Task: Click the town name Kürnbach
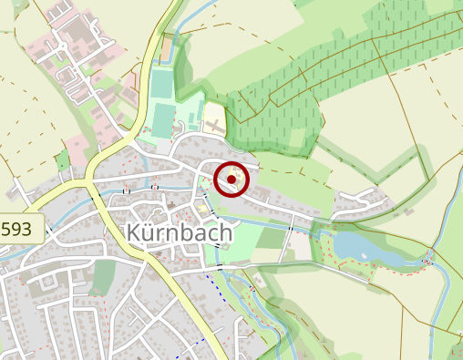(x=181, y=233)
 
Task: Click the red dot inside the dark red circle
(x=231, y=180)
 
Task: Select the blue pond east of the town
(x=364, y=247)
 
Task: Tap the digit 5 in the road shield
(x=8, y=228)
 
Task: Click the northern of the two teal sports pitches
(x=162, y=85)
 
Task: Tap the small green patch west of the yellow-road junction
(x=62, y=162)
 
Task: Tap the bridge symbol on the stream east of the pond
(x=427, y=263)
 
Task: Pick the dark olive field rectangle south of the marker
(x=272, y=239)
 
